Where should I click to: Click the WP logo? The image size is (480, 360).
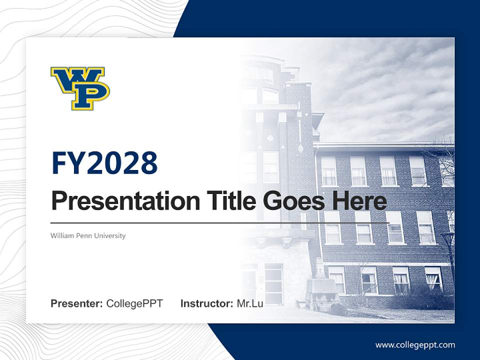[x=80, y=88]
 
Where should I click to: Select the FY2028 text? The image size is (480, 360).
[x=104, y=163]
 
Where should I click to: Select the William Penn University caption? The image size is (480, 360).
[x=88, y=235]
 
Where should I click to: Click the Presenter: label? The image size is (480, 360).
[x=77, y=303]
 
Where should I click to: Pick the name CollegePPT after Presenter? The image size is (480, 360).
[x=134, y=303]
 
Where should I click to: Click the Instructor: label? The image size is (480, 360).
[x=206, y=303]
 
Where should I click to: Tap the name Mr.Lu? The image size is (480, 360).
[x=250, y=303]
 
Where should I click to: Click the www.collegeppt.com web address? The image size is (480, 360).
[x=415, y=345]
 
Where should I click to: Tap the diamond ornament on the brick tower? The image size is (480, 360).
[x=300, y=148]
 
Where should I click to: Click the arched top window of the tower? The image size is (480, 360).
[x=270, y=95]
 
